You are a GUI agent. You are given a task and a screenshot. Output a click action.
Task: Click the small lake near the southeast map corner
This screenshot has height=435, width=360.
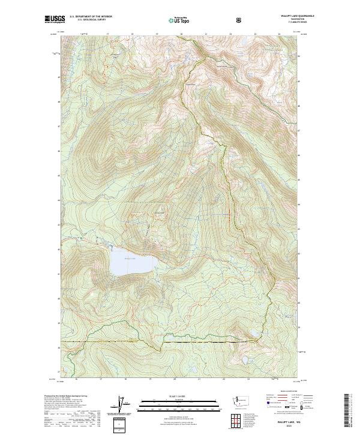(x=244, y=361)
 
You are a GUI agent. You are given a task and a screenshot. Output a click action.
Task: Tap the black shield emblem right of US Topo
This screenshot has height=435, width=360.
(x=240, y=20)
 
